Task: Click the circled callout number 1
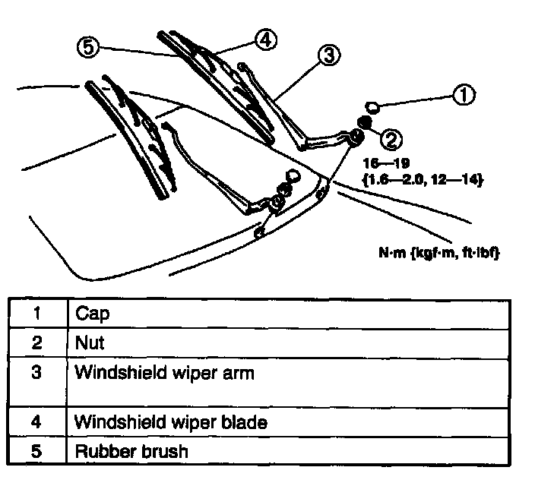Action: [x=464, y=95]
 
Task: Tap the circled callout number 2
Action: [x=391, y=138]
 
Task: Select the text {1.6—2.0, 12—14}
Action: [x=424, y=179]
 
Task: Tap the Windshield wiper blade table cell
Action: [x=170, y=421]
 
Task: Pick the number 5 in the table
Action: [x=36, y=450]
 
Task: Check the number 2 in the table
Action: [x=36, y=343]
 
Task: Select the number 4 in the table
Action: [x=36, y=421]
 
